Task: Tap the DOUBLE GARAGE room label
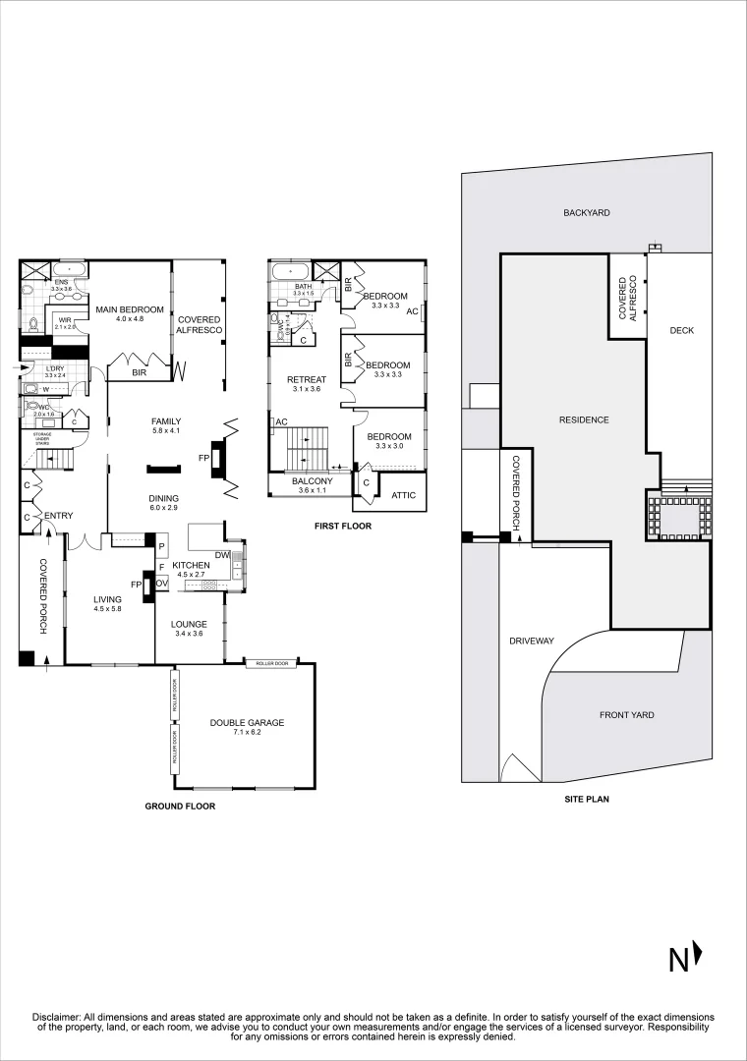click(x=247, y=722)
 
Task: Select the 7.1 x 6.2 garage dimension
click(x=247, y=733)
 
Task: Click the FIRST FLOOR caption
click(x=342, y=527)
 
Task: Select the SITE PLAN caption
click(x=586, y=799)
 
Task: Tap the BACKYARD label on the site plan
click(x=587, y=212)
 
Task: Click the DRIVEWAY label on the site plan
click(x=532, y=641)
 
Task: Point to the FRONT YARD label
click(x=626, y=715)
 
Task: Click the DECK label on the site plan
click(x=681, y=330)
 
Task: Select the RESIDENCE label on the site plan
click(x=584, y=419)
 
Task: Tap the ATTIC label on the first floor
click(x=403, y=495)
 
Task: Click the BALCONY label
click(x=313, y=480)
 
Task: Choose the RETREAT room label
click(x=306, y=379)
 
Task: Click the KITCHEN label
click(x=192, y=566)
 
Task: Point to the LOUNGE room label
click(x=189, y=624)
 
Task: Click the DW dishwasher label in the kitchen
click(x=222, y=555)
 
